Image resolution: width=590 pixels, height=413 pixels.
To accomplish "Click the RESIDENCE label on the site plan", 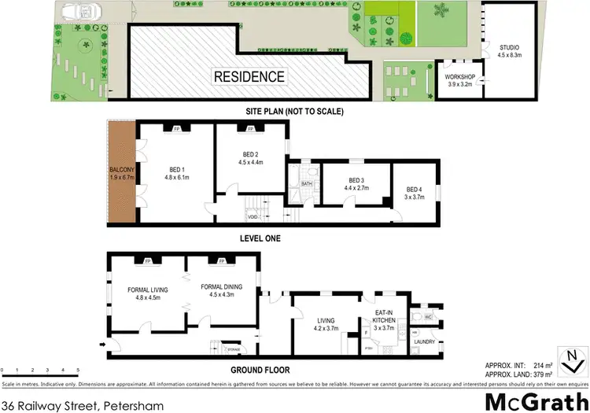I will pyautogui.click(x=249, y=76).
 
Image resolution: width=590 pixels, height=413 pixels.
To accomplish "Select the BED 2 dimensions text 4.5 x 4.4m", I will pyautogui.click(x=250, y=163).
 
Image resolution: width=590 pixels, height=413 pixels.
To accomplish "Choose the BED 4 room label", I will pyautogui.click(x=415, y=190).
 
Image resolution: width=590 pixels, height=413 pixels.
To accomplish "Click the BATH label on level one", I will pyautogui.click(x=306, y=185).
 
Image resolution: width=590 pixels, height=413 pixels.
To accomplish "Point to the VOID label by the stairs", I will pyautogui.click(x=252, y=216).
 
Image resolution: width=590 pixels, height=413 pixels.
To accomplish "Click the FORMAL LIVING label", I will pyautogui.click(x=148, y=288).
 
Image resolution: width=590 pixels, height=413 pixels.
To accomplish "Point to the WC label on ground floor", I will pyautogui.click(x=428, y=318).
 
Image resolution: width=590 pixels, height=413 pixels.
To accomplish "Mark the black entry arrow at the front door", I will pyautogui.click(x=101, y=344).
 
